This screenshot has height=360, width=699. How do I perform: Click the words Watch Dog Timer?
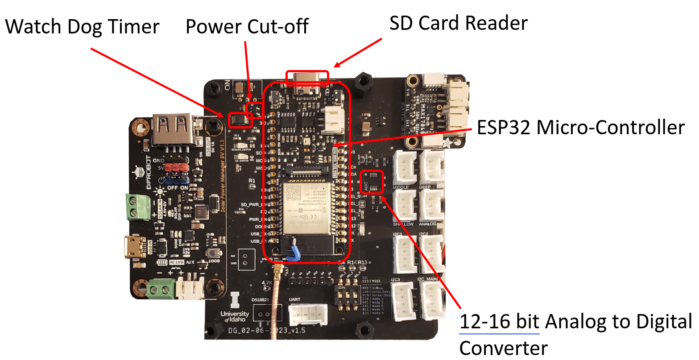coord(82,27)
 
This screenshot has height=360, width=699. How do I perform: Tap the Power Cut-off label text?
coord(247,27)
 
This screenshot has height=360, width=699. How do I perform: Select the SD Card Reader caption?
coord(458,23)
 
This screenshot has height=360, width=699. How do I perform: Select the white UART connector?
coord(307,315)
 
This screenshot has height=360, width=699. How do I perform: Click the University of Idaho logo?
coord(235,308)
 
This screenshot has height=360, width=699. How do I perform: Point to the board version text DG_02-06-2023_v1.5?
coord(267,331)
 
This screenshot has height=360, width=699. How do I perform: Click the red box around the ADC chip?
coord(372,182)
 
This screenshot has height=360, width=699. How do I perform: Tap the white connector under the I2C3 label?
coord(403,301)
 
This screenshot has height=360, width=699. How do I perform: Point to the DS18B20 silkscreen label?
coord(261,300)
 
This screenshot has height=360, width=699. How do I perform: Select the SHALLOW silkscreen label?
coord(403,224)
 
